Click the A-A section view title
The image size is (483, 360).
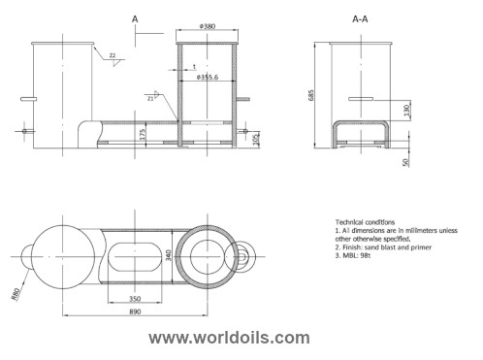[x=366, y=18]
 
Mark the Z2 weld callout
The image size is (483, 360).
[x=113, y=57]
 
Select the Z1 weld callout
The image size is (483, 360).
[x=150, y=97]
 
